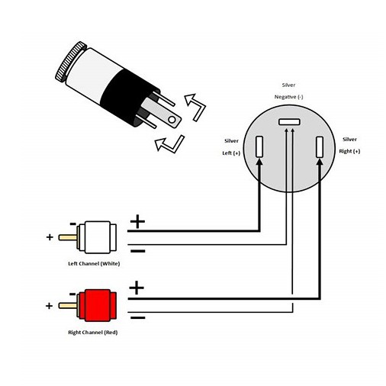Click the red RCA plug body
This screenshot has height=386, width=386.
click(x=98, y=305)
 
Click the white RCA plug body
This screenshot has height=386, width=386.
click(x=98, y=237)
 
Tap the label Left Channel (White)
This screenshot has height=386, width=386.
click(x=94, y=264)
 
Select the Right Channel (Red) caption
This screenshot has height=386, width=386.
click(x=93, y=333)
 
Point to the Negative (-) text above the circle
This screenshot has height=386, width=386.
click(x=289, y=97)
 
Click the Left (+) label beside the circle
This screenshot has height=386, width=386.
click(x=231, y=153)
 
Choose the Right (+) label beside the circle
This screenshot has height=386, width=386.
click(x=349, y=151)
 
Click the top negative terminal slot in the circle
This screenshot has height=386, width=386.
click(x=289, y=122)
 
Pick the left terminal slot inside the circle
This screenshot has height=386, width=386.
click(x=259, y=146)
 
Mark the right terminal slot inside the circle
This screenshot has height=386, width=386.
click(x=320, y=147)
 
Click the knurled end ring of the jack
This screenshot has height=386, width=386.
click(x=71, y=62)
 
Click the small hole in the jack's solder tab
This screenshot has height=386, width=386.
click(x=172, y=120)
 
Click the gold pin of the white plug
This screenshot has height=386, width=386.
click(x=68, y=237)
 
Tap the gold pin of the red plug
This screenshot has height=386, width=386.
click(x=68, y=305)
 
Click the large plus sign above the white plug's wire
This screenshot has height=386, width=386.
click(x=137, y=221)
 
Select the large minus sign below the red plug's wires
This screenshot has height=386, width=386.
click(x=137, y=317)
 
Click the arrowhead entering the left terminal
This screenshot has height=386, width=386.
click(x=259, y=162)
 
